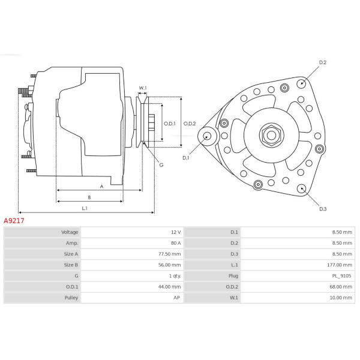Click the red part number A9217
tap(14, 221)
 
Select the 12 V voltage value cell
tap(176, 232)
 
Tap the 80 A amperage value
tap(176, 243)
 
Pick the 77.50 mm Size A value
tap(169, 254)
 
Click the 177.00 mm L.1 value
tap(340, 265)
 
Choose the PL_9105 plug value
tap(341, 276)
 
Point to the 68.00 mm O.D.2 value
tap(341, 287)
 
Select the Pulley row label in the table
tap(71, 298)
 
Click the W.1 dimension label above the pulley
tap(143, 88)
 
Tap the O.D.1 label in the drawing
tap(169, 124)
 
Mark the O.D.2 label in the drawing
tap(190, 124)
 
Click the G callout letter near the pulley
tap(161, 165)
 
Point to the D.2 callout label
tap(323, 62)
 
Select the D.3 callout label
tap(323, 209)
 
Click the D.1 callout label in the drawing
tap(185, 158)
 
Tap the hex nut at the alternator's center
tap(272, 135)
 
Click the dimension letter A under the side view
tap(102, 187)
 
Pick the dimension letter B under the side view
tap(89, 197)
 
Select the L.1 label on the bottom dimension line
tap(85, 208)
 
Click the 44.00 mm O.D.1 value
tap(169, 287)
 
